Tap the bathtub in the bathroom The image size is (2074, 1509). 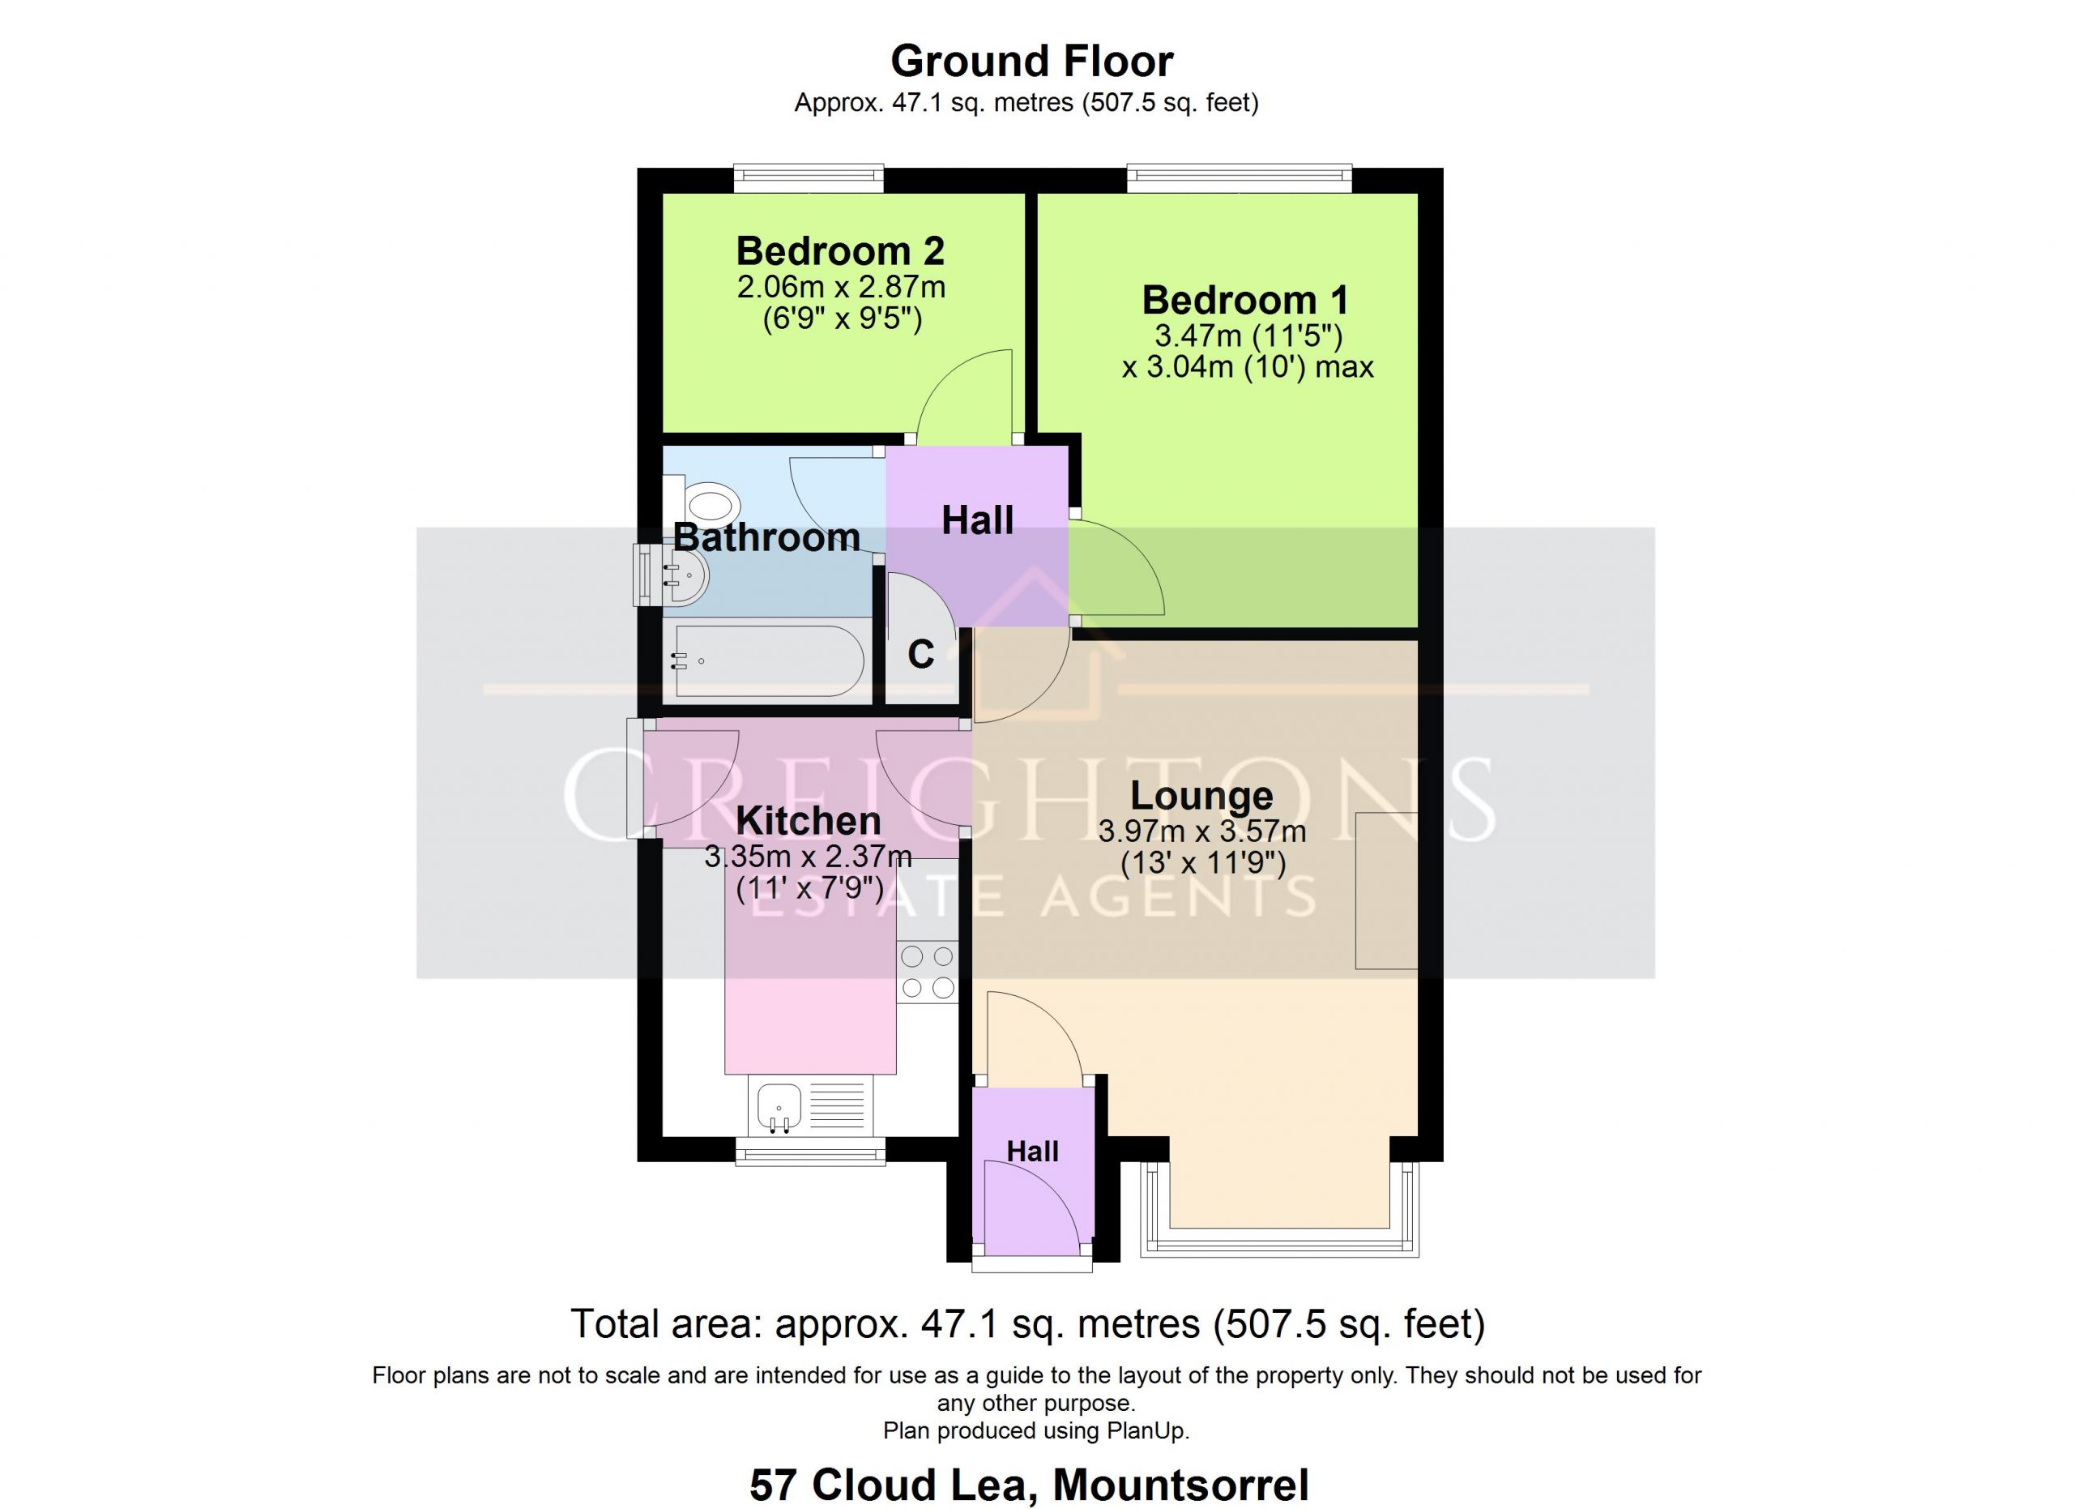[768, 660]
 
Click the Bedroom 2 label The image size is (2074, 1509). [840, 250]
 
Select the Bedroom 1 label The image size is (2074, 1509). [1245, 300]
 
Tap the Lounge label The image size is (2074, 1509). [1201, 796]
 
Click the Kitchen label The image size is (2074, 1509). [809, 820]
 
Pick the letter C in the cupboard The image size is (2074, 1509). [921, 654]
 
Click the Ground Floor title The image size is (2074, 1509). [1031, 62]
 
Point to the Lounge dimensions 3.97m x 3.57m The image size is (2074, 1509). [1201, 832]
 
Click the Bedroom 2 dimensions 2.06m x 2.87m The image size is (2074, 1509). [841, 287]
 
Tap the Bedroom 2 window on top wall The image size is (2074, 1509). [809, 178]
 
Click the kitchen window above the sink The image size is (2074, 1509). [811, 1152]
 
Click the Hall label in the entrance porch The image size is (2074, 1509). [1032, 1152]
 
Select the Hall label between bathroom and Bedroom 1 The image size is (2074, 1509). [978, 520]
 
